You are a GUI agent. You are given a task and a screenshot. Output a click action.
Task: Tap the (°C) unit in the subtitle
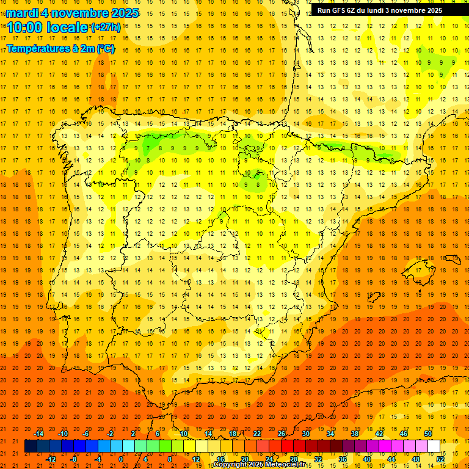(x=106, y=48)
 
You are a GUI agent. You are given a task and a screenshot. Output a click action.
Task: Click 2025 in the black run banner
(x=434, y=10)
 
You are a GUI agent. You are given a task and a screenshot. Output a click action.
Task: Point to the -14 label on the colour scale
(x=39, y=434)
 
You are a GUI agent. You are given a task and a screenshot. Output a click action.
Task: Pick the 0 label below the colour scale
(x=121, y=459)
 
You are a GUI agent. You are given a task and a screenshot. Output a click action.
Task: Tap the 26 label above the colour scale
(x=282, y=434)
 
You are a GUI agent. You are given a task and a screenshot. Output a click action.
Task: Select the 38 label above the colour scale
(x=355, y=434)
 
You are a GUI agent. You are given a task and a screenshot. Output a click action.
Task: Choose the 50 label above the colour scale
(x=428, y=434)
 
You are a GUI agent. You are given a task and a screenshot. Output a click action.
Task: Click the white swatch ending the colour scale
(x=434, y=446)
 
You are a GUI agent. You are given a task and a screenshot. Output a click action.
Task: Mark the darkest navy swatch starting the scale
(x=31, y=446)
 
